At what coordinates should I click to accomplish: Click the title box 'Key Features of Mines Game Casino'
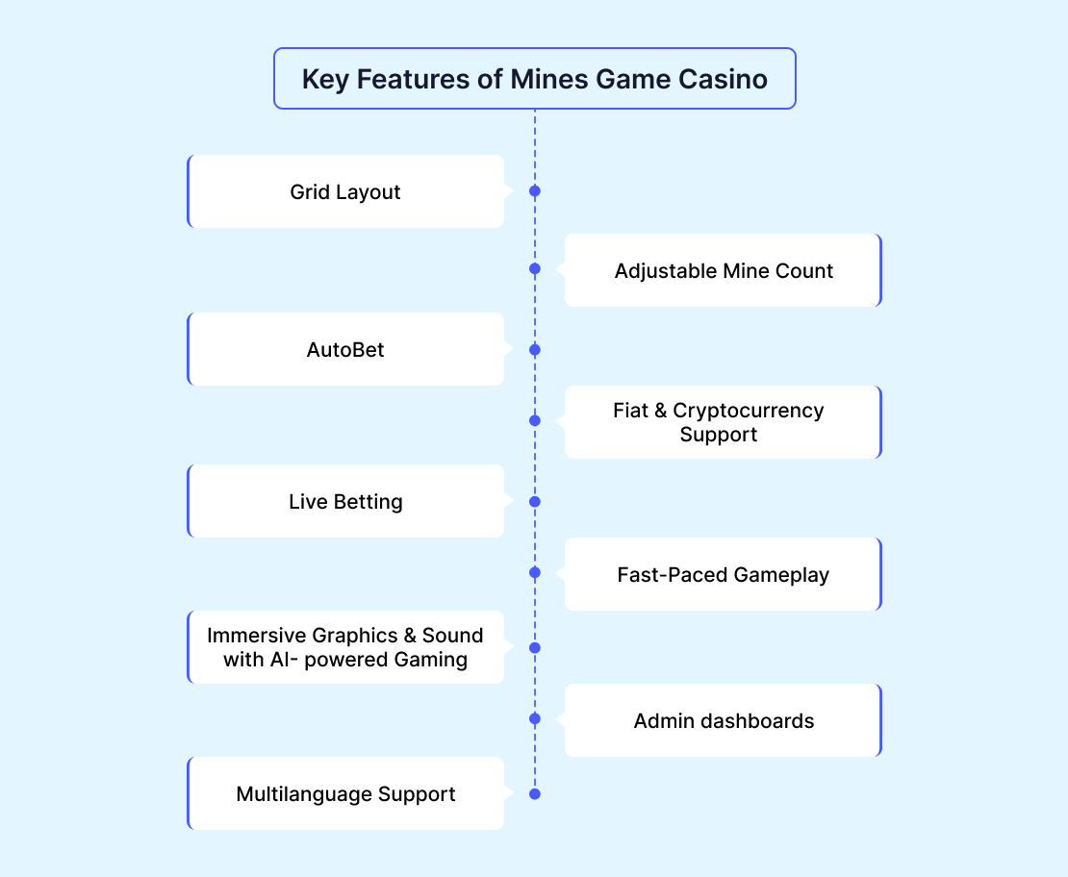[534, 79]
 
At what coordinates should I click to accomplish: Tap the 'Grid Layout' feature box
[345, 191]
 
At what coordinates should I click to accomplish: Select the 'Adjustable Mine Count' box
[723, 270]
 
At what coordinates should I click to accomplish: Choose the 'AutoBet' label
[345, 349]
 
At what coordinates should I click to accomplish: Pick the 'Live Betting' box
[345, 501]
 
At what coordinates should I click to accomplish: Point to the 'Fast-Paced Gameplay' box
[723, 574]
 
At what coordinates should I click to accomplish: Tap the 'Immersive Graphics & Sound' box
[345, 647]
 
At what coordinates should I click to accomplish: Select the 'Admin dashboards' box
[723, 720]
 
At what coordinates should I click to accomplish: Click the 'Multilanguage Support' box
[345, 793]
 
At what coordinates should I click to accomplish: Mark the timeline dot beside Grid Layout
[535, 191]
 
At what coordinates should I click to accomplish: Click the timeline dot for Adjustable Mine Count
[535, 268]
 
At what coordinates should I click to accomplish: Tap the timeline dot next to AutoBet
[535, 349]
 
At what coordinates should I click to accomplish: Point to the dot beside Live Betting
[535, 501]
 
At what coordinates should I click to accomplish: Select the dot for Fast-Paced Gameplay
[535, 572]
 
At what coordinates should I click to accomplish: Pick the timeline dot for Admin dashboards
[535, 718]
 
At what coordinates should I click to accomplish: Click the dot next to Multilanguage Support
[535, 793]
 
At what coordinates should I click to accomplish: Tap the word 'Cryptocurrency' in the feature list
[749, 411]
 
